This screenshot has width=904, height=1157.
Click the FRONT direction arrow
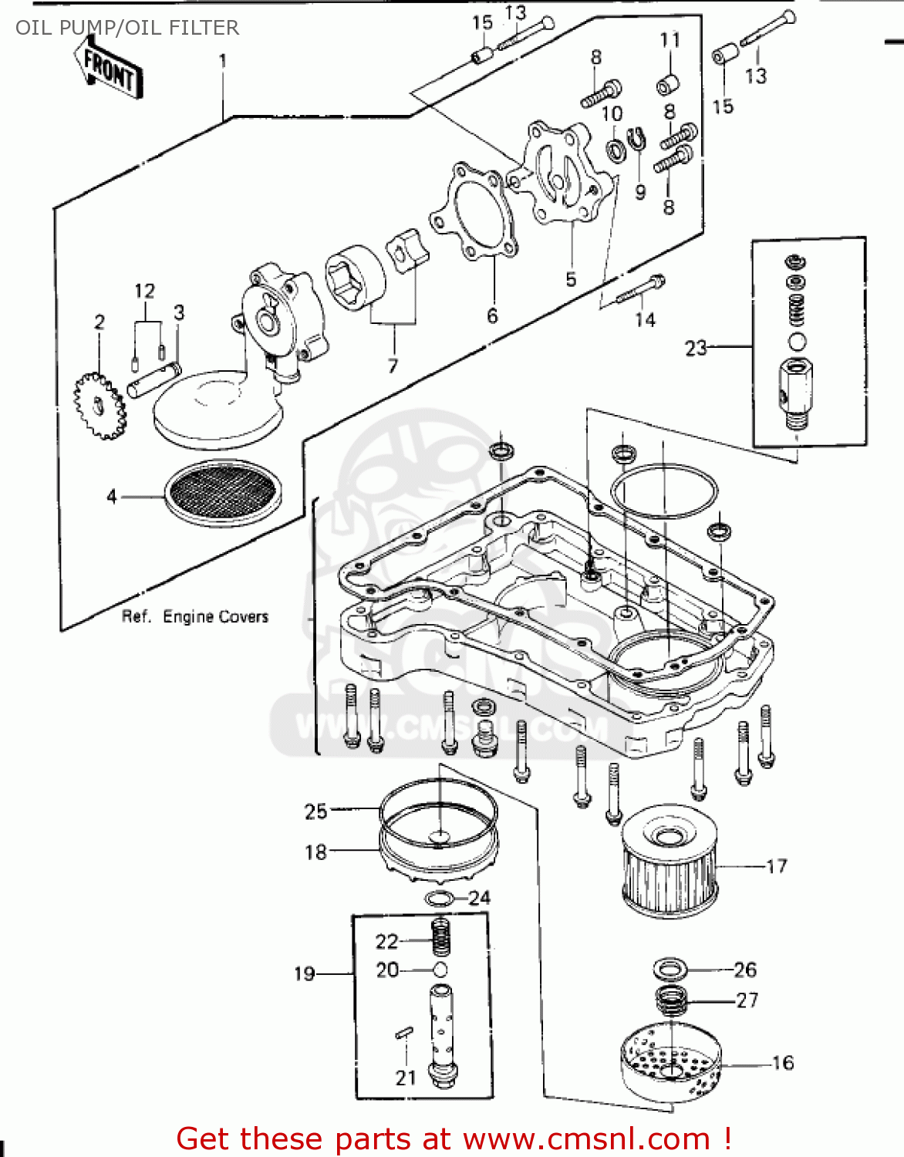pos(108,69)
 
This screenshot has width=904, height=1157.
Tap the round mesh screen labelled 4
pos(222,494)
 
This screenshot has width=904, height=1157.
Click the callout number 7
pos(393,366)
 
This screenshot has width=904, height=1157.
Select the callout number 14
pos(645,319)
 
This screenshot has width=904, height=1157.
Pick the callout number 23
pos(696,349)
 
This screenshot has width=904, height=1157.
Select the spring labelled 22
pos(440,938)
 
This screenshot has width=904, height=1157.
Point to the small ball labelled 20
pos(440,970)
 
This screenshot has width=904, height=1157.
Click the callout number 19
pos(305,973)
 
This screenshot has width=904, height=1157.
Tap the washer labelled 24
pos(439,899)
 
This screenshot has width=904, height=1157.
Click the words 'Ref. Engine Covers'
pos(195,616)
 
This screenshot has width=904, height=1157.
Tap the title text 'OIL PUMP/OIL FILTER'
pos(127,28)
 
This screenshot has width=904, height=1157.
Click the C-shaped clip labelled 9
pos(637,140)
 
